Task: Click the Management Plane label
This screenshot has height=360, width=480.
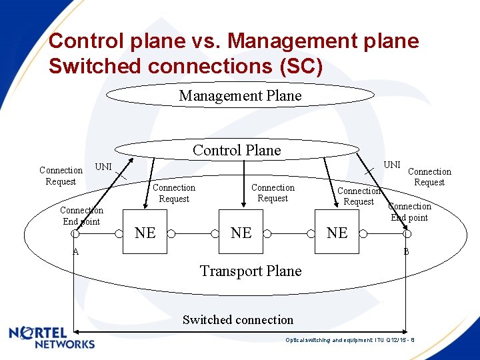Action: coord(240,95)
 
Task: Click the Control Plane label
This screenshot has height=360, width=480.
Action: coord(237,150)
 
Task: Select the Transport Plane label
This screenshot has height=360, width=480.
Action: coord(251,271)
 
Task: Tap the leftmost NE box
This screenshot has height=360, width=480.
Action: coord(145,233)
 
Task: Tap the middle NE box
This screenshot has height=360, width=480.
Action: coord(241,233)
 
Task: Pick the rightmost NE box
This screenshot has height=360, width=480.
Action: coord(337,233)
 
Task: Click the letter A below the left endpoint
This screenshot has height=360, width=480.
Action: coord(75,251)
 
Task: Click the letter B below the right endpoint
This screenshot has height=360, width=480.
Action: coord(406,252)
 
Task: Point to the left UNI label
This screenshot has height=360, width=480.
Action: coord(103,165)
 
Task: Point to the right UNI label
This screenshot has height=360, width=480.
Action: coord(392,165)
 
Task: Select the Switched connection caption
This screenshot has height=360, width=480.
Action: coord(238,319)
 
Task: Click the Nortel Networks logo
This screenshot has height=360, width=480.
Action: coord(52,337)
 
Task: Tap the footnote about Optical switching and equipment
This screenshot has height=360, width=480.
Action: coord(350,340)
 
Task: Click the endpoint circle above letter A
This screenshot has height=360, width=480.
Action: coord(75,234)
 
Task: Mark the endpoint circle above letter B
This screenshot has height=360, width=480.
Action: coord(407,234)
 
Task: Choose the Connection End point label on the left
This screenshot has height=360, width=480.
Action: coord(81,215)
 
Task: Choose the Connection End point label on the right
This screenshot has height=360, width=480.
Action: coord(409,211)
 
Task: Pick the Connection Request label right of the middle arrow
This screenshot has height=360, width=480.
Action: coord(273,193)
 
